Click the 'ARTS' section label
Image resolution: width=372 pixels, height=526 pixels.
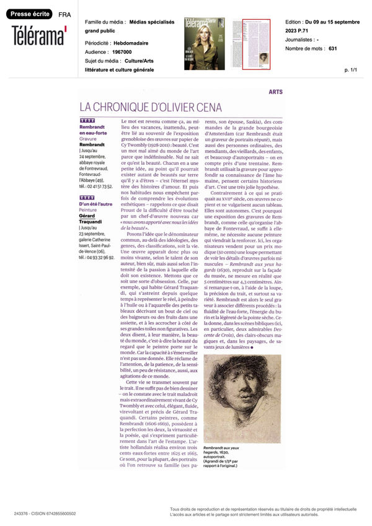[x=276, y=91]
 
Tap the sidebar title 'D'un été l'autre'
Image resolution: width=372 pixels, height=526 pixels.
[x=95, y=204]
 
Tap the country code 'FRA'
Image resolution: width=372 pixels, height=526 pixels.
[x=64, y=14]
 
